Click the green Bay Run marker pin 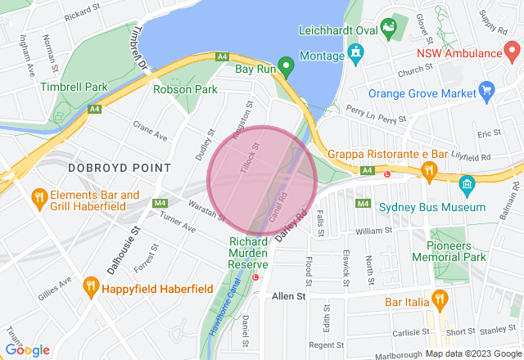[286, 65]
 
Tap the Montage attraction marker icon [355, 55]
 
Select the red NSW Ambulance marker [509, 53]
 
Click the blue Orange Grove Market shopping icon [486, 89]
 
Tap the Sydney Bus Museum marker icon [468, 183]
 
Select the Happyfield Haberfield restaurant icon [91, 286]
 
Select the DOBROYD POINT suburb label [120, 167]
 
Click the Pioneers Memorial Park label [458, 250]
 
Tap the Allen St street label [288, 295]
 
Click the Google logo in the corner [27, 350]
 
